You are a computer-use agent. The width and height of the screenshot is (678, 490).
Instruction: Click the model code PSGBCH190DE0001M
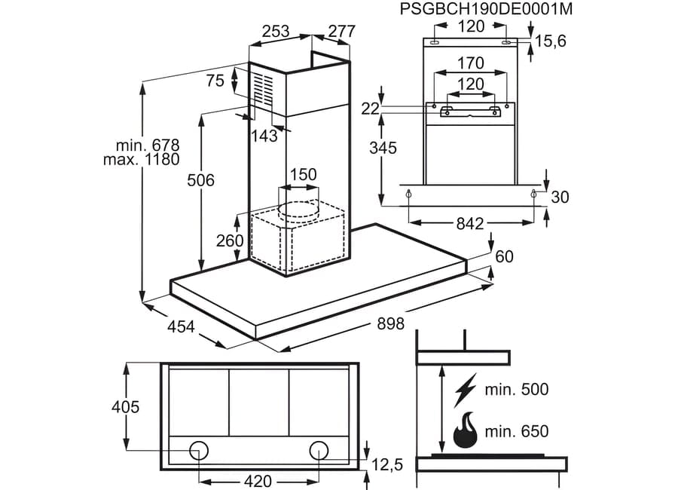click(486, 8)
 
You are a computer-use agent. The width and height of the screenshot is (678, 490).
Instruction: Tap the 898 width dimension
click(390, 323)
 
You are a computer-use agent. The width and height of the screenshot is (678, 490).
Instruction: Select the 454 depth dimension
click(181, 326)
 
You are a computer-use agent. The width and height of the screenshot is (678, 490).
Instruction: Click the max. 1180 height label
click(141, 159)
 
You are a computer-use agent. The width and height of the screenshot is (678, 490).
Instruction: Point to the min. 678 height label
click(148, 145)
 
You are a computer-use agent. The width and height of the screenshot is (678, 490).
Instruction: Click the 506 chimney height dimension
click(200, 180)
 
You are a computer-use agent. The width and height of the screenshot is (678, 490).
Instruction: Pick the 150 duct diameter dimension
click(303, 174)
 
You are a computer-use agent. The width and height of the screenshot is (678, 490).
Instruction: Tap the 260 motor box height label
click(230, 240)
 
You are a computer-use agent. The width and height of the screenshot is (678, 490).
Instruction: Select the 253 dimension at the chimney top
click(276, 31)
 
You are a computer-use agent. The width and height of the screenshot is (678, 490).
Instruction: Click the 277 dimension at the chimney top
click(341, 31)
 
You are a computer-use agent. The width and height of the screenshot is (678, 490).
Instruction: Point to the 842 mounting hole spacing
click(470, 223)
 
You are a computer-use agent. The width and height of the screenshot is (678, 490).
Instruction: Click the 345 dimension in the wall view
click(383, 148)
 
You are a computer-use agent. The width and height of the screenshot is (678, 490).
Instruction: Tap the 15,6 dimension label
click(551, 41)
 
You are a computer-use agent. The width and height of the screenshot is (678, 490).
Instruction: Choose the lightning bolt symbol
click(465, 390)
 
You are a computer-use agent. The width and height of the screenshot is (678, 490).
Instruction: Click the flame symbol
click(465, 430)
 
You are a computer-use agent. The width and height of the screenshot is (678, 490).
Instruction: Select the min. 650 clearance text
click(517, 431)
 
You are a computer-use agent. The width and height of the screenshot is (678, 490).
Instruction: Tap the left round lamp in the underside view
click(199, 451)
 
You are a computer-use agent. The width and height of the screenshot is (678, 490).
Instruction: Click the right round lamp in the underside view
click(319, 451)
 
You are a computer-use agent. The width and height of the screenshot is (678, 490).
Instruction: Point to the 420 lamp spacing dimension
click(258, 481)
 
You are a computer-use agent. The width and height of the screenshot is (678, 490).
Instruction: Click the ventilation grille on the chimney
click(264, 88)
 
